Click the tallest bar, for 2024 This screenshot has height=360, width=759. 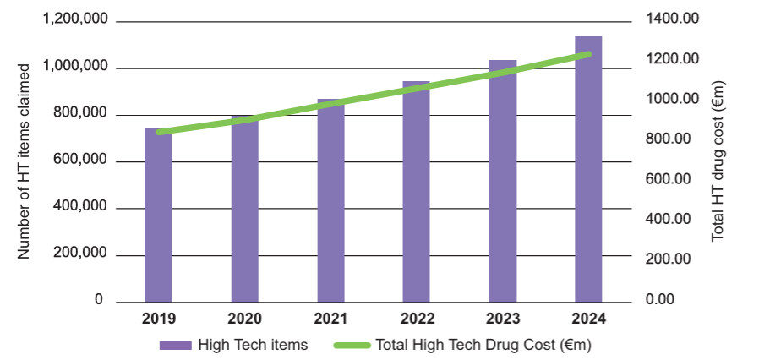point(588,169)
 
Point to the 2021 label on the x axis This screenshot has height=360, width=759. point(330,319)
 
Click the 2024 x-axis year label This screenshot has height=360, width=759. point(588,319)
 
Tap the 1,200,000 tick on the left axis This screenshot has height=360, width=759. point(75,22)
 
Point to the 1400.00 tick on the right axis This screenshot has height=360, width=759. point(673,19)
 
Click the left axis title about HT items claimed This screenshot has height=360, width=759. point(25,161)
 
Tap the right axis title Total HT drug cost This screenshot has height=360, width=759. point(718,161)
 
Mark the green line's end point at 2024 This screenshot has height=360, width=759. point(588,55)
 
